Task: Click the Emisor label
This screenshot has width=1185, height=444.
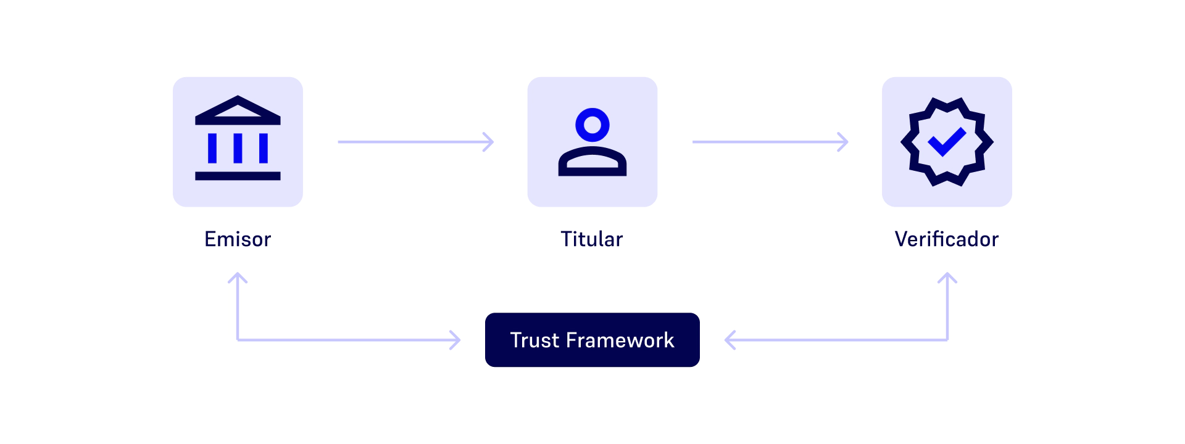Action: point(238,239)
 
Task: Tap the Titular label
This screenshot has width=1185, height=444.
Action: point(592,239)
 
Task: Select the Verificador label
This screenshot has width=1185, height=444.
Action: point(946,239)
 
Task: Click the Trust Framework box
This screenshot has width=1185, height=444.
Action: point(592,340)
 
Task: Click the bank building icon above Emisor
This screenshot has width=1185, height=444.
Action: point(238,141)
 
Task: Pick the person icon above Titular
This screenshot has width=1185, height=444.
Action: point(592,142)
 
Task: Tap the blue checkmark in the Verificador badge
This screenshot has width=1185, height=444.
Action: point(946,141)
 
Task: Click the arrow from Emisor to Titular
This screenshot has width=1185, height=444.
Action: point(415,142)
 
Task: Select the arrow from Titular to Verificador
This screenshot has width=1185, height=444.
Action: point(769,142)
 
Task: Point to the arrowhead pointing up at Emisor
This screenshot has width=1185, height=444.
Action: point(238,278)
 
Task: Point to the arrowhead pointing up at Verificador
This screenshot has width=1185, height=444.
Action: point(947,278)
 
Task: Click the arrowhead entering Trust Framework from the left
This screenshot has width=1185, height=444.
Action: point(455,340)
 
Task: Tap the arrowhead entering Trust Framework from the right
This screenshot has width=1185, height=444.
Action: point(730,340)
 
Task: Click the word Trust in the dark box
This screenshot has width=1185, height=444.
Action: point(534,340)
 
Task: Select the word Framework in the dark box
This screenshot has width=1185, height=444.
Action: point(620,340)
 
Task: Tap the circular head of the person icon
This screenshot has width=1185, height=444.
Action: point(592,125)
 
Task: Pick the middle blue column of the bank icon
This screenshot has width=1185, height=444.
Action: point(238,148)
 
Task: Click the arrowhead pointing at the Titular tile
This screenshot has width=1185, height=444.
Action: point(489,142)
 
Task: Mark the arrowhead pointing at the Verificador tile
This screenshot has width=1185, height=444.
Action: point(843,142)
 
